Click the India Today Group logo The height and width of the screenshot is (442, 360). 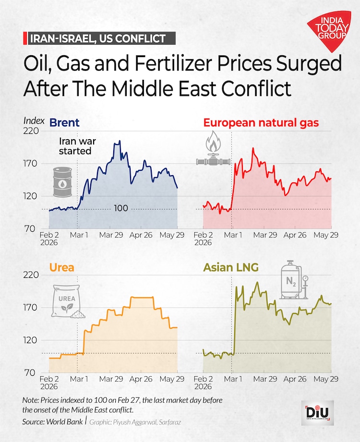330,30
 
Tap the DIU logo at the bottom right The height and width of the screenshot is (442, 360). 317,413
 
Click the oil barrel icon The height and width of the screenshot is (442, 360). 62,182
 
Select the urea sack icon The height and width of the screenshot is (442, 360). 68,301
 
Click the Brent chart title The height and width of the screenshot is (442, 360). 64,123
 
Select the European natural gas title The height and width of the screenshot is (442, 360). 261,123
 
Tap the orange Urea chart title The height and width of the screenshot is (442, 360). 61,267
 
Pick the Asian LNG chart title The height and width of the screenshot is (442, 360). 230,267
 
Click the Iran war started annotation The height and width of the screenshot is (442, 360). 77,146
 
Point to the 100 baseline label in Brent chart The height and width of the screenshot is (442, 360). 121,208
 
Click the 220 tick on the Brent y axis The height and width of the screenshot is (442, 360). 31,131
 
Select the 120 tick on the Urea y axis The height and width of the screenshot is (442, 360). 30,340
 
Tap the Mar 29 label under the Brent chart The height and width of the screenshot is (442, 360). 111,235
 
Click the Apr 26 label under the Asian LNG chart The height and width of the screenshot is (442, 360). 295,379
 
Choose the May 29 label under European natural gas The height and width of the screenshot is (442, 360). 326,235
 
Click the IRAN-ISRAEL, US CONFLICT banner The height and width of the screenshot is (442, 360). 99,38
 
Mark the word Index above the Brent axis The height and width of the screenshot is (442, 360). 34,120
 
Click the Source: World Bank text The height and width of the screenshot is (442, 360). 52,422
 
